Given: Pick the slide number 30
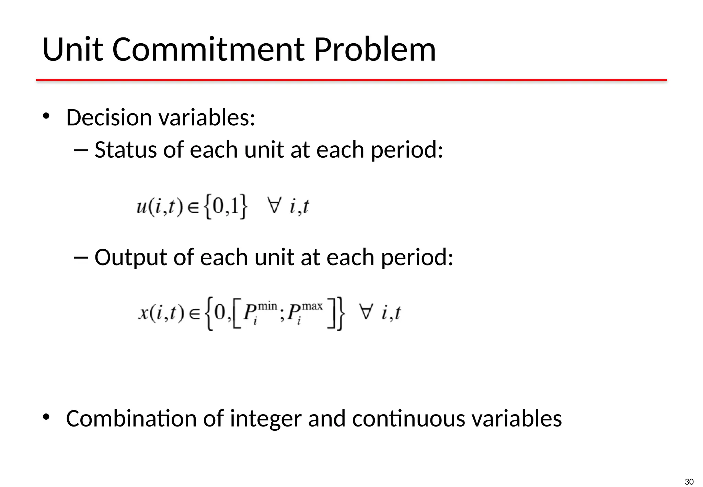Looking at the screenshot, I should [689, 482].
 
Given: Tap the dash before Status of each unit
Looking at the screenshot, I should [81, 150].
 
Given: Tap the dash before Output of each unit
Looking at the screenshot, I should [81, 257].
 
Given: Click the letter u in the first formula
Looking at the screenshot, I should [141, 207].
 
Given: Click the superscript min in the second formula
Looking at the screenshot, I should [267, 306].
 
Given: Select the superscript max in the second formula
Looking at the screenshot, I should [312, 306].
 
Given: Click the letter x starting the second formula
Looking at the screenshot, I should [143, 313].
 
